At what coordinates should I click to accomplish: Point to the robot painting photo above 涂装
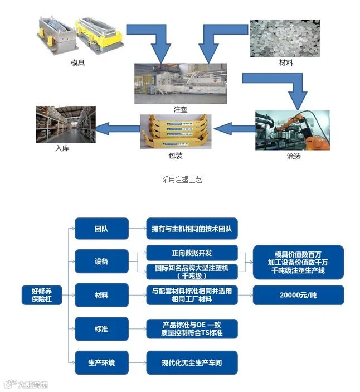click(292, 130)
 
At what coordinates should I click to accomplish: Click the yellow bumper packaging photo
click(176, 131)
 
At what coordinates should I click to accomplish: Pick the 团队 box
click(101, 229)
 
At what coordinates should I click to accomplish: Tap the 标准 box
click(101, 329)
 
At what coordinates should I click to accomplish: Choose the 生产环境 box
click(101, 362)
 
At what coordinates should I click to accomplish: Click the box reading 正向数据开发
click(191, 252)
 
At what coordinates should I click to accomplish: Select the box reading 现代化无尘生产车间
click(191, 362)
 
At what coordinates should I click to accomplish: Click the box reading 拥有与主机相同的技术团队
click(191, 229)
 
